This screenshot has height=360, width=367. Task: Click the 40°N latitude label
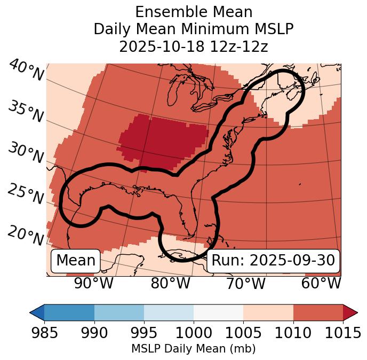(26, 71)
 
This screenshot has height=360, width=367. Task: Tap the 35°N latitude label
(26, 112)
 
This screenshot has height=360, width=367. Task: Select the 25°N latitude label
(26, 194)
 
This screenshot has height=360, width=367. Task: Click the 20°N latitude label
(26, 236)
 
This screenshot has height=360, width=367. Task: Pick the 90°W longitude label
(94, 283)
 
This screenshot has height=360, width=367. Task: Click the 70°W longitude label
(246, 283)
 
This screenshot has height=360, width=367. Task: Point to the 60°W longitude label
(321, 283)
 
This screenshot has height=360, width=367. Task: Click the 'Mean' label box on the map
(76, 261)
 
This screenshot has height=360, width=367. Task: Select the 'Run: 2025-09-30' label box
(273, 261)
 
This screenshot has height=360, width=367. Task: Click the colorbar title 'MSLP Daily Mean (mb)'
(193, 349)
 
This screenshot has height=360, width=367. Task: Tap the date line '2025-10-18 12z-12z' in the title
(194, 46)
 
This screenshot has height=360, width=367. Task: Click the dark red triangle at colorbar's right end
(350, 312)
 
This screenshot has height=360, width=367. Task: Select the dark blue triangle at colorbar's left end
(37, 312)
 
